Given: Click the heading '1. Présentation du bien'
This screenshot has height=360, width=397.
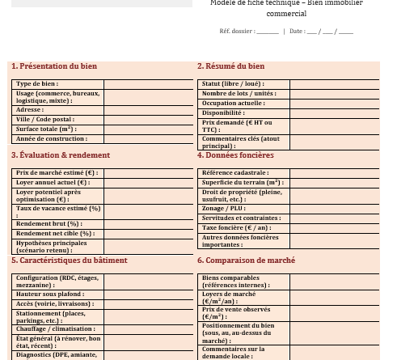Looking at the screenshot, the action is click(x=54, y=66).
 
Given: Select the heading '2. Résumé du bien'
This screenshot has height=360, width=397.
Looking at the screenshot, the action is click(x=231, y=66).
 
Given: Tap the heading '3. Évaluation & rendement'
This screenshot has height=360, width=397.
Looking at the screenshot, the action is click(x=61, y=155).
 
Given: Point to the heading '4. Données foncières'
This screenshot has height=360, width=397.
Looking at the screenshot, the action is click(x=235, y=155).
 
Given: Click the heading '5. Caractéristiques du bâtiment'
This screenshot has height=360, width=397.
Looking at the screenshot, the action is click(x=70, y=260).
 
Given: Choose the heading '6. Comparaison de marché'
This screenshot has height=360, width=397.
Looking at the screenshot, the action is click(x=247, y=260).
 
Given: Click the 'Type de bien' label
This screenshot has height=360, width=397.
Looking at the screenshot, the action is click(x=37, y=84).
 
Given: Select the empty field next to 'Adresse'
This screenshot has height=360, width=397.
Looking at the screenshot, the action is click(x=148, y=110).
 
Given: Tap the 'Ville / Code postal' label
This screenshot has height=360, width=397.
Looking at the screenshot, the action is click(x=45, y=120).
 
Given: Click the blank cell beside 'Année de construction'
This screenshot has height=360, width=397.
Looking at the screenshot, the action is click(x=148, y=139).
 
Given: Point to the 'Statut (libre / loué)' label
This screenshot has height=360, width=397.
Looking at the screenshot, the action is click(x=233, y=84).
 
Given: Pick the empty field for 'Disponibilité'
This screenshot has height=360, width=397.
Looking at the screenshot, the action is click(x=334, y=113).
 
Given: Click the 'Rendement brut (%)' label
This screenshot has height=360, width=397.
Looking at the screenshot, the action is click(x=49, y=224).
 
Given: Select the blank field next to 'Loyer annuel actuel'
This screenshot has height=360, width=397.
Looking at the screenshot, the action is click(x=148, y=183).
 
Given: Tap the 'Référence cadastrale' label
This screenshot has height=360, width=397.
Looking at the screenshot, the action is click(x=235, y=173).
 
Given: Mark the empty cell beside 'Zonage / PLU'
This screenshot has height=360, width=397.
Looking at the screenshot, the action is click(x=334, y=209).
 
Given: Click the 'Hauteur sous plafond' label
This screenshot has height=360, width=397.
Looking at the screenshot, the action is click(x=50, y=294).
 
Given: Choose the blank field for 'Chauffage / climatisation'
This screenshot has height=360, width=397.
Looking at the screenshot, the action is click(x=148, y=329).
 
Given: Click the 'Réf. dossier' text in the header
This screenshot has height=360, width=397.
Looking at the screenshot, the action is click(x=237, y=32).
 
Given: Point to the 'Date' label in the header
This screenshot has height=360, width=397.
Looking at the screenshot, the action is click(x=297, y=32).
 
